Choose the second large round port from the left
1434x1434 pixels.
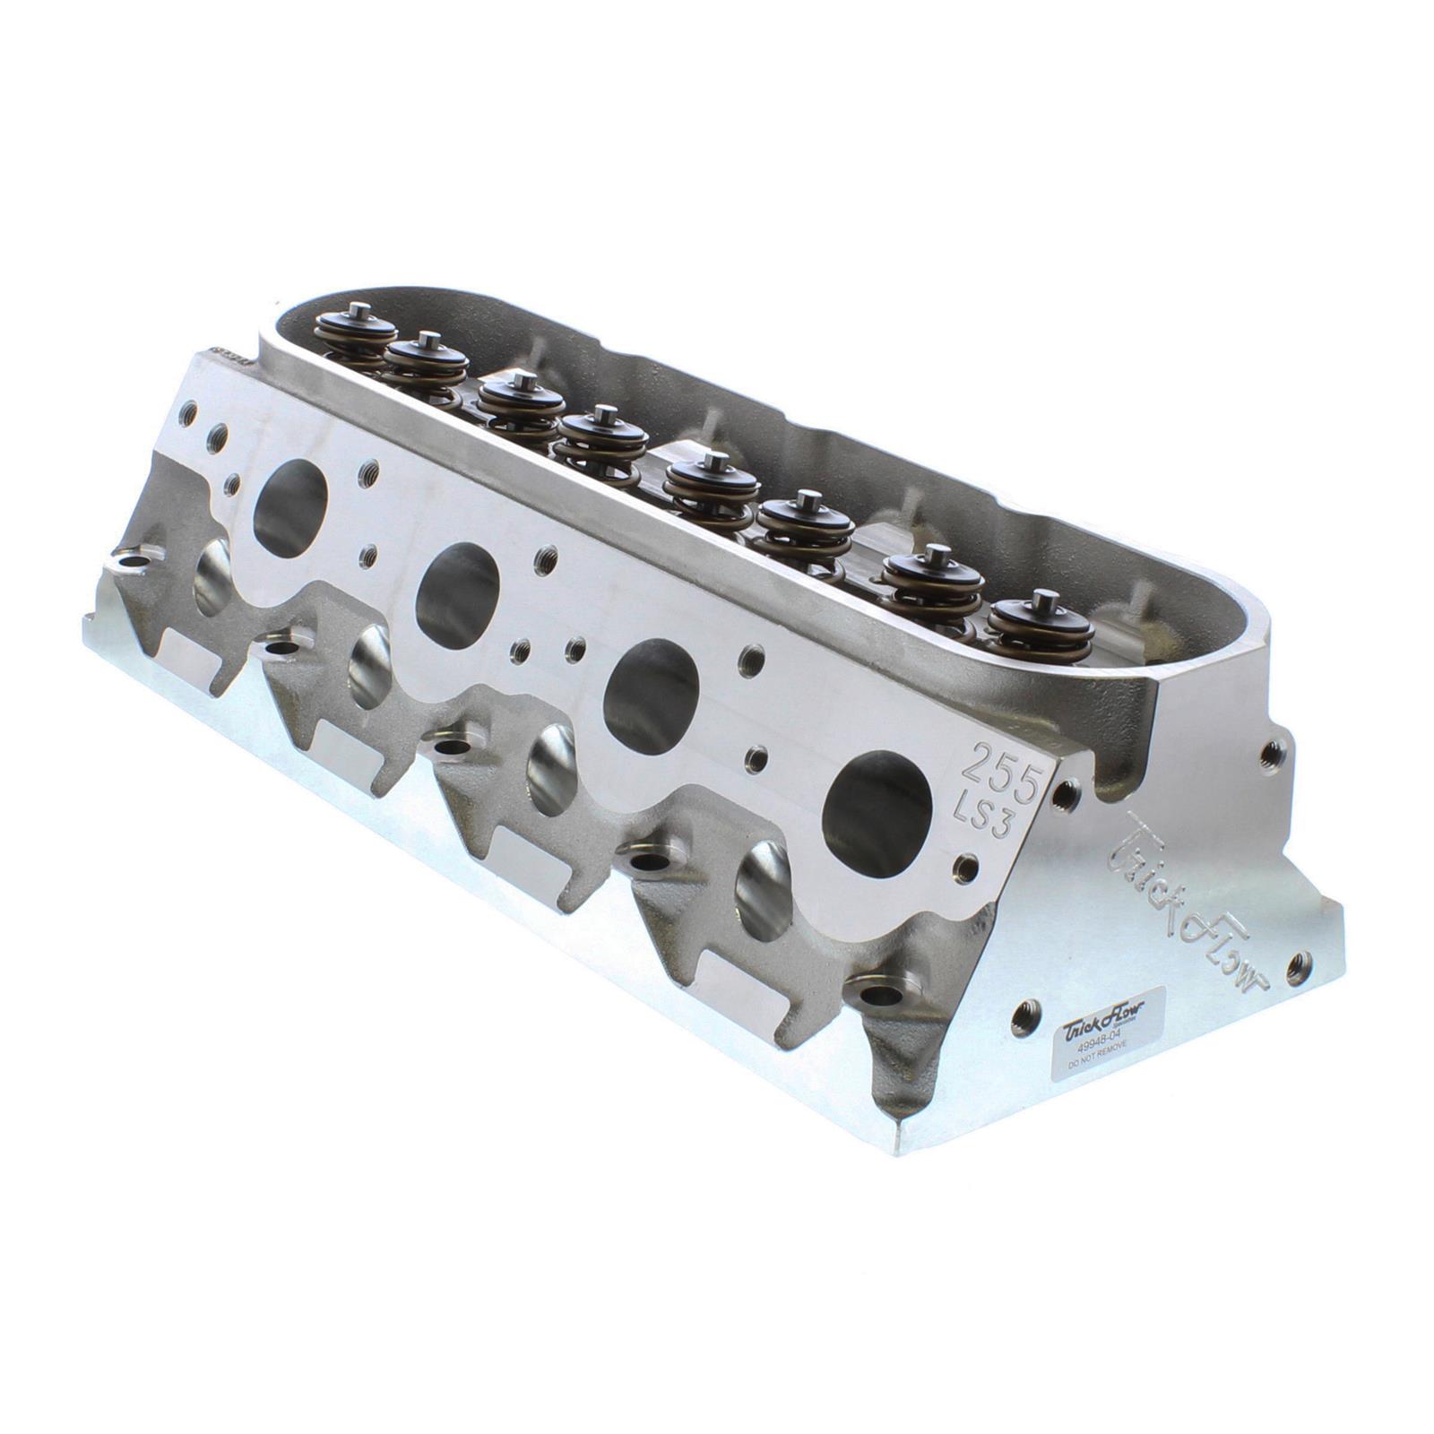tap(460, 583)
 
